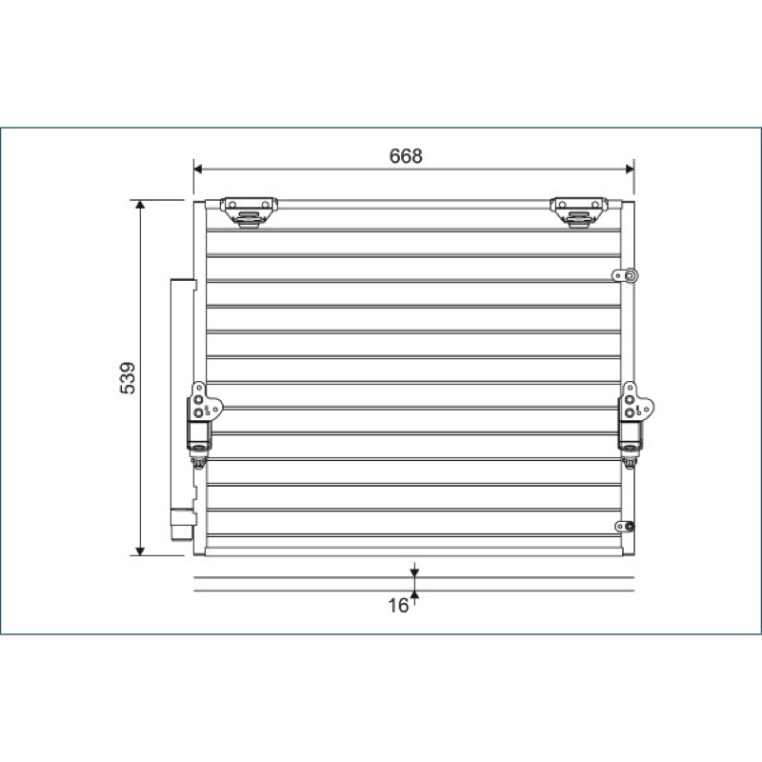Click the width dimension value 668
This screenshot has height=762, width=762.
tap(406, 156)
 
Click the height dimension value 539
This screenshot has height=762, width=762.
tap(128, 377)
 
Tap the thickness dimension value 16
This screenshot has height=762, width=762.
tap(398, 606)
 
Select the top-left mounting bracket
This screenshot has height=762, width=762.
tap(249, 211)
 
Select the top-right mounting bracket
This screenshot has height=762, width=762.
tap(579, 211)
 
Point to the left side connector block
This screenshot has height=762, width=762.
tap(203, 417)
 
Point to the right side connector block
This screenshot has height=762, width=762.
tap(634, 417)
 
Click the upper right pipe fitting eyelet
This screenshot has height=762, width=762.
tap(625, 276)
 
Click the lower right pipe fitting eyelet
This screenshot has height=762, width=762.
tap(625, 527)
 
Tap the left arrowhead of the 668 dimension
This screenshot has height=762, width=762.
tap(197, 170)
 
